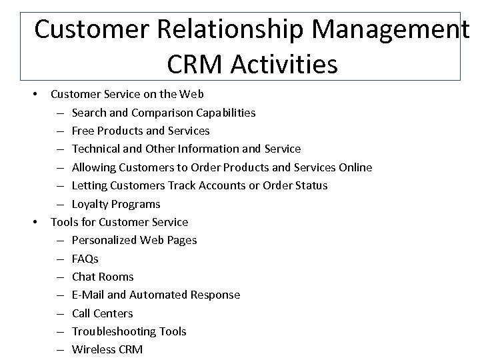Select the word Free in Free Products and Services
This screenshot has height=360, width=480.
[x=83, y=131]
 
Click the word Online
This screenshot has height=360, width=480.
[x=354, y=167]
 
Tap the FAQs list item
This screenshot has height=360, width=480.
[x=85, y=259]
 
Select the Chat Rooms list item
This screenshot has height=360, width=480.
[x=103, y=277]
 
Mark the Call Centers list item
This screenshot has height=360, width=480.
[x=103, y=313]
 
